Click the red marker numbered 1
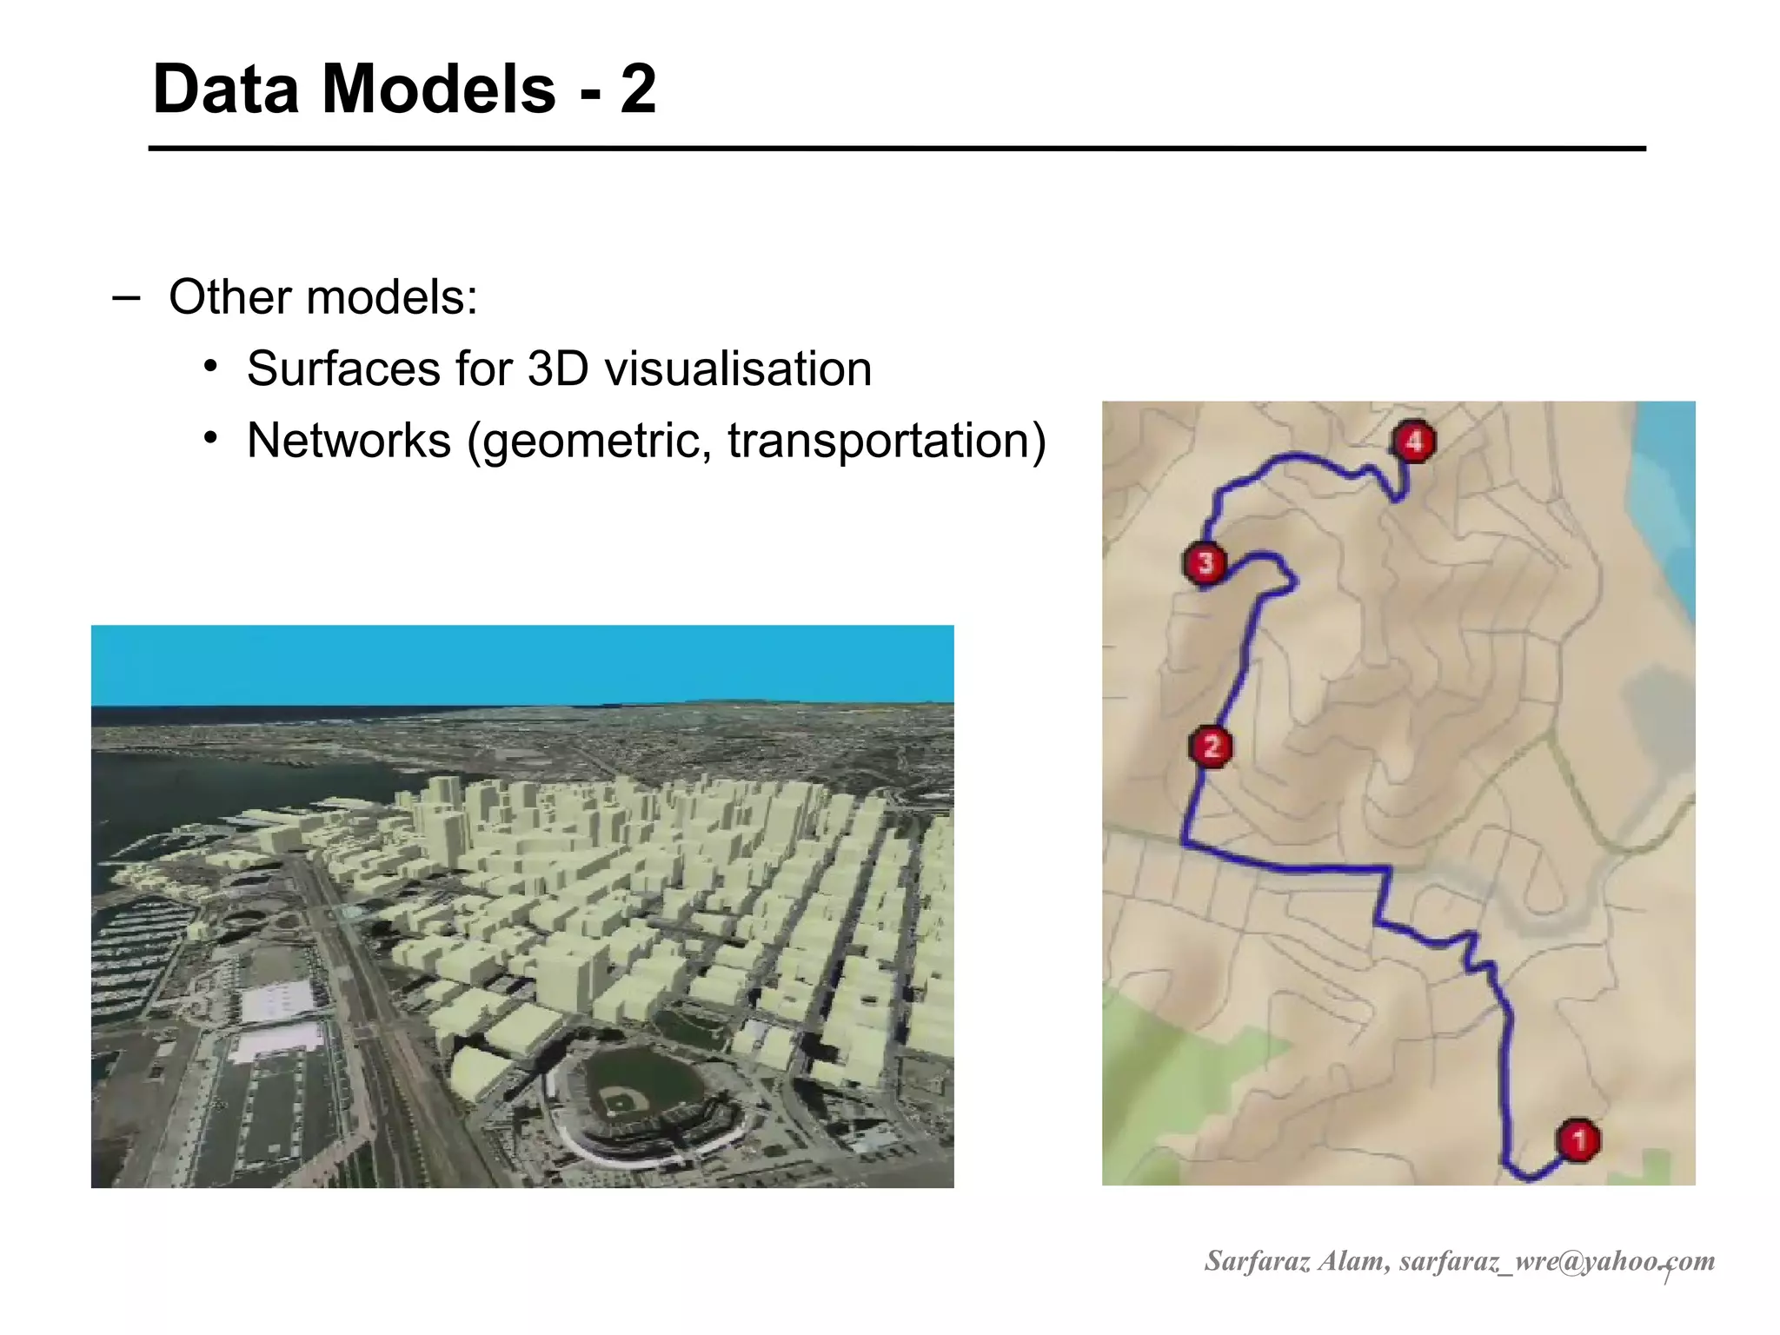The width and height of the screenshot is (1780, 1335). (x=1578, y=1139)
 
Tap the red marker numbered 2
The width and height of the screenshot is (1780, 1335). (x=1212, y=747)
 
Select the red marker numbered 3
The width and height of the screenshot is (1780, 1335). (x=1205, y=563)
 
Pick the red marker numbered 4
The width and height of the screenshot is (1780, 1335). (x=1414, y=442)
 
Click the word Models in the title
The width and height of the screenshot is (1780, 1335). (x=439, y=89)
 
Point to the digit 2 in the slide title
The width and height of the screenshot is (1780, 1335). (x=638, y=89)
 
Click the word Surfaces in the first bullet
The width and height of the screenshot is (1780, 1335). (x=343, y=369)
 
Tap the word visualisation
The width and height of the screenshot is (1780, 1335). (x=738, y=369)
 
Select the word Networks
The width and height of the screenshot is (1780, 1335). (x=349, y=440)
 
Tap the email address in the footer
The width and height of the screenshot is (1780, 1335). (x=1557, y=1260)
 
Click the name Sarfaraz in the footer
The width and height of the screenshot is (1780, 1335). (x=1257, y=1260)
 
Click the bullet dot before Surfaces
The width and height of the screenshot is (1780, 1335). (x=209, y=365)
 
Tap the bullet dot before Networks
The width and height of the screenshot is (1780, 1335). (x=209, y=437)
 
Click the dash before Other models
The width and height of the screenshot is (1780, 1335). (x=125, y=297)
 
